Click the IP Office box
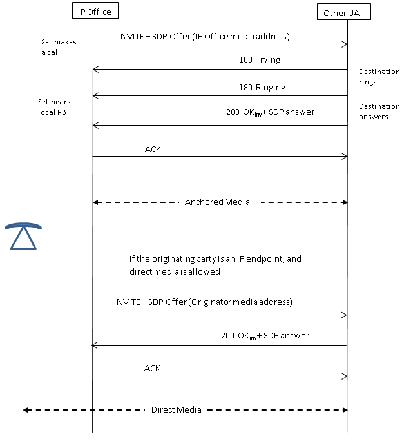click(95, 10)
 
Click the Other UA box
click(344, 12)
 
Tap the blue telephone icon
click(23, 236)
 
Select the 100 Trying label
click(260, 60)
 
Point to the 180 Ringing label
click(262, 88)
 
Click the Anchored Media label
click(217, 202)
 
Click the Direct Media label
click(176, 410)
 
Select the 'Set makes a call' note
click(59, 47)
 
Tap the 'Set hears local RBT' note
click(54, 107)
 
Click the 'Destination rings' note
click(379, 77)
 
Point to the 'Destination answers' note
click(379, 112)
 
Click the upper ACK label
click(153, 149)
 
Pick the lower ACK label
click(152, 368)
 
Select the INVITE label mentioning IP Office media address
click(204, 37)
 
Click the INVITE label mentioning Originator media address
click(203, 302)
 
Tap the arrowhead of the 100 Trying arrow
click(95, 69)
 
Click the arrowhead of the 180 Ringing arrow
click(95, 95)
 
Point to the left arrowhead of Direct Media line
click(25, 410)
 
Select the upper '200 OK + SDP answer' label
click(270, 112)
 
